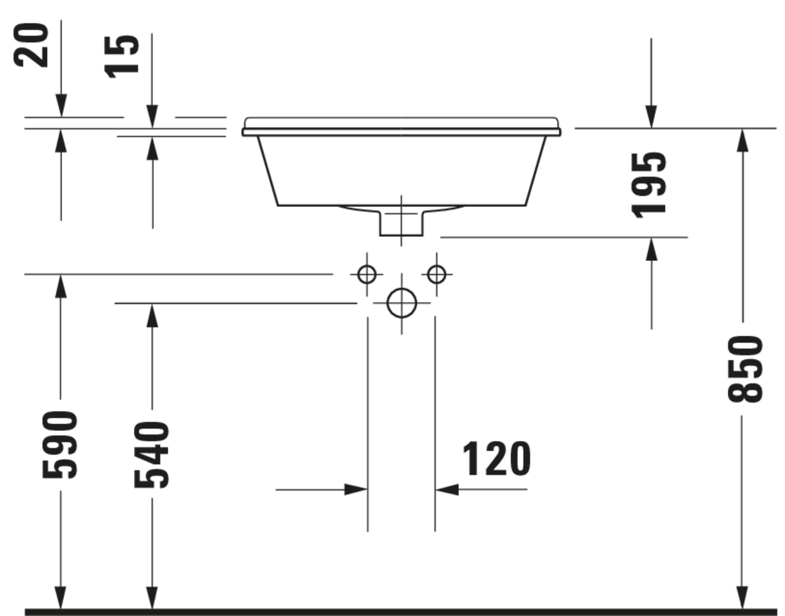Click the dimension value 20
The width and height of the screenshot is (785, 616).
(31, 45)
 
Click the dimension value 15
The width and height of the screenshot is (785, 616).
(121, 57)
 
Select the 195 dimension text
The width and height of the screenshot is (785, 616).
(649, 185)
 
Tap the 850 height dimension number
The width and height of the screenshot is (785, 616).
(745, 369)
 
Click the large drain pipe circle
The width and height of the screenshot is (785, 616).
(402, 303)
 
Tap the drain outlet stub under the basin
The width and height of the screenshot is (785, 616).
(401, 224)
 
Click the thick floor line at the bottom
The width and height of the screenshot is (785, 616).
(397, 612)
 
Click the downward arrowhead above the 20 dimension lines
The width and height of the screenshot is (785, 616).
(61, 105)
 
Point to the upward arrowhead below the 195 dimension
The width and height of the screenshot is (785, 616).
(651, 250)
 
